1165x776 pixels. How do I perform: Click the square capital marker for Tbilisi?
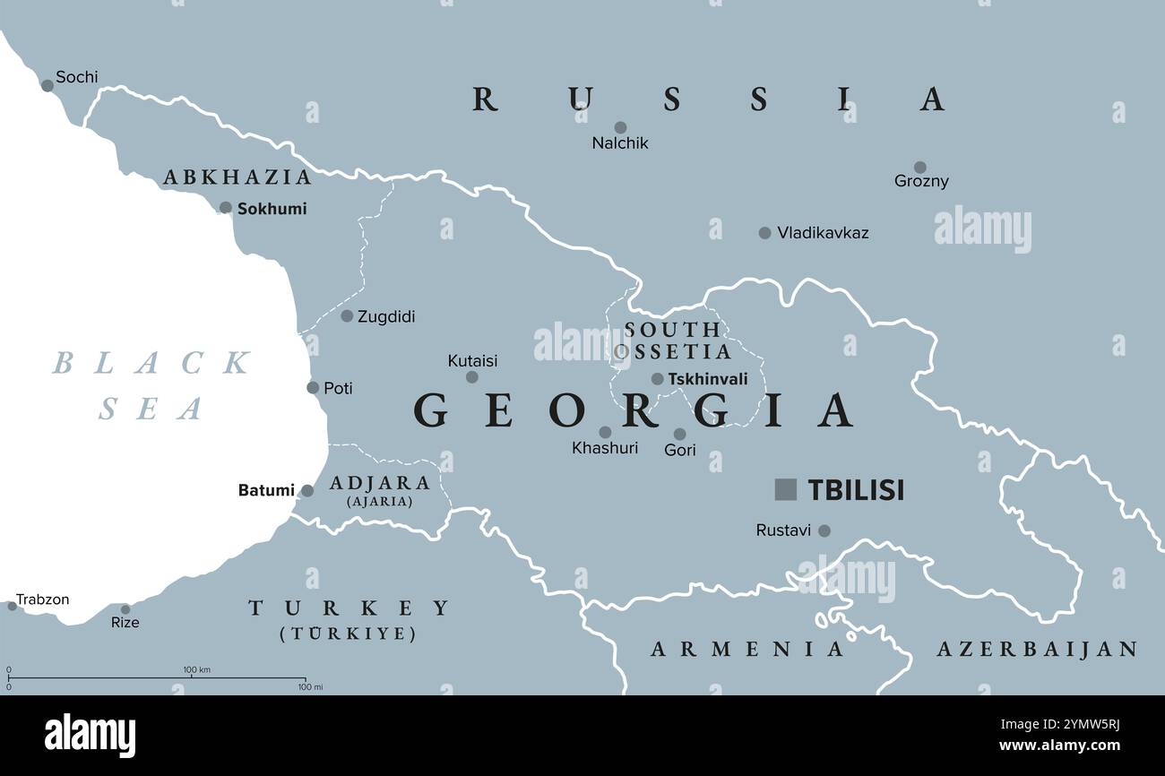785,489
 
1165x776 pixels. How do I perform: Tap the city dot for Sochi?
47,86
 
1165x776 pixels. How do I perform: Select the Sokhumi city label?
272,209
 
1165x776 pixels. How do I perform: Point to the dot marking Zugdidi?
347,315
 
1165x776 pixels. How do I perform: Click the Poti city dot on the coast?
313,388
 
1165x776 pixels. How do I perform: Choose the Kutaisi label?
472,361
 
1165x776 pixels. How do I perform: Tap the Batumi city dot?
307,491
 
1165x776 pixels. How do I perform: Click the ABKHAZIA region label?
237,177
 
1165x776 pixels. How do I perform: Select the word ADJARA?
380,483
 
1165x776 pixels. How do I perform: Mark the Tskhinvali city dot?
657,379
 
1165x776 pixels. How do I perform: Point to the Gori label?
679,451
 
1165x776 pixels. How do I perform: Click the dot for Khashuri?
605,432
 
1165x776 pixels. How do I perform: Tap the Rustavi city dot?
824,530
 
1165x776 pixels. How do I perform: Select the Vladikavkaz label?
823,233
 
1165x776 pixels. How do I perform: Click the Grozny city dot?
919,167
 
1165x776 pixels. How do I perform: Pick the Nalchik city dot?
620,127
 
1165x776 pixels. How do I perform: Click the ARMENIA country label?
747,650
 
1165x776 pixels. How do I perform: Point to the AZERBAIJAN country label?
1037,650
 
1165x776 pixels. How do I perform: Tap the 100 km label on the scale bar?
196,670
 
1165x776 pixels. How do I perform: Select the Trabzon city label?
42,599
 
